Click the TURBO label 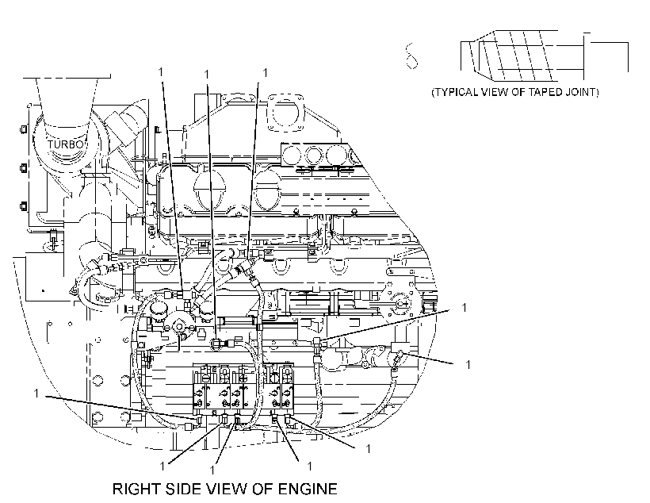click(x=65, y=144)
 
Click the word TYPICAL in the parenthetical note click(x=455, y=92)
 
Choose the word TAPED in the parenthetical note click(x=547, y=92)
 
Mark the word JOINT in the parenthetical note click(x=581, y=92)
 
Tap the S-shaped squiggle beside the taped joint click(x=411, y=56)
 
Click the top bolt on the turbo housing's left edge click(x=24, y=129)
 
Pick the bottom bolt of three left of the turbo click(x=24, y=205)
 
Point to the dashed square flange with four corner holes click(x=286, y=112)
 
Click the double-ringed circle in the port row click(x=314, y=156)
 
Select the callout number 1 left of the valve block click(x=36, y=393)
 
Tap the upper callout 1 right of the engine click(x=465, y=307)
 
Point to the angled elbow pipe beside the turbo click(x=128, y=121)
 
